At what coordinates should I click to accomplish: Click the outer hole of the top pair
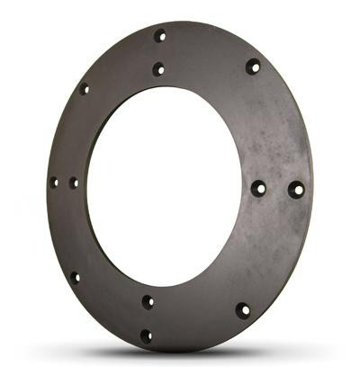[x=160, y=36]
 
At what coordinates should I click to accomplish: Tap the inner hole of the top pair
[x=158, y=68]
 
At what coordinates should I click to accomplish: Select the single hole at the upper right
[x=253, y=66]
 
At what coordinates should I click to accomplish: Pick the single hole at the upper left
[x=84, y=89]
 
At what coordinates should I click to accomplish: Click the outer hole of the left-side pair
[x=54, y=183]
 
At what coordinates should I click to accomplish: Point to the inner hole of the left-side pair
[x=74, y=183]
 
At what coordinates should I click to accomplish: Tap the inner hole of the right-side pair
[x=258, y=189]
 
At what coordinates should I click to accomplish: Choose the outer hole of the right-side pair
[x=296, y=190]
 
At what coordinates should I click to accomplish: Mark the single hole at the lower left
[x=75, y=277]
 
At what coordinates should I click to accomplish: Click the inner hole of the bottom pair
[x=148, y=302]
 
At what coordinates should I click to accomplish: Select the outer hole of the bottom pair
[x=146, y=336]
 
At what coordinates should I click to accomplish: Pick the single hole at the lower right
[x=243, y=310]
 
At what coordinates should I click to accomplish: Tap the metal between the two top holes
[x=159, y=52]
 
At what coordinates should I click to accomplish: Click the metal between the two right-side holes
[x=277, y=190]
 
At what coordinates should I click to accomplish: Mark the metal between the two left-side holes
[x=64, y=183]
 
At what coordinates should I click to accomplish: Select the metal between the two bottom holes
[x=147, y=319]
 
